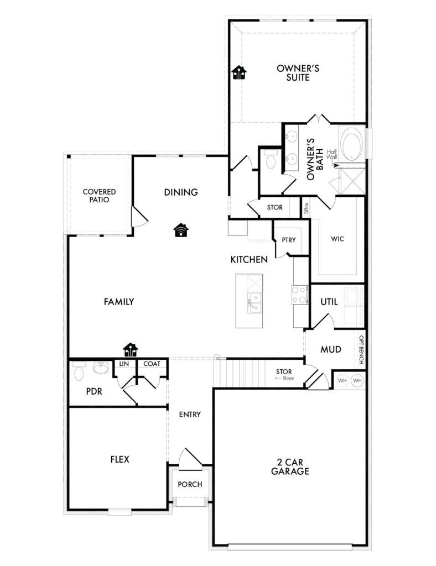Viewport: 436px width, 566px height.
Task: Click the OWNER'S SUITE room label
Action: pyautogui.click(x=298, y=73)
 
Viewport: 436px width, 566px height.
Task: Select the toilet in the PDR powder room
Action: pyautogui.click(x=79, y=371)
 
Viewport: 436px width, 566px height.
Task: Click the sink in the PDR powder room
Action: pyautogui.click(x=101, y=368)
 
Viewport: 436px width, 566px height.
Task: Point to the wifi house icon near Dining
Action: pyautogui.click(x=181, y=230)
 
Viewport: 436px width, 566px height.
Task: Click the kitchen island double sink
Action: pyautogui.click(x=255, y=302)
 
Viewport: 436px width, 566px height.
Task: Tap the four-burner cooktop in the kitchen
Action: pyautogui.click(x=300, y=295)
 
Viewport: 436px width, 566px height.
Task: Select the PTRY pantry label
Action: pyautogui.click(x=289, y=240)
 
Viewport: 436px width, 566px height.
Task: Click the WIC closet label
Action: pyautogui.click(x=338, y=239)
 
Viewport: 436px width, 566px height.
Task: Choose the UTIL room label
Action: pyautogui.click(x=329, y=302)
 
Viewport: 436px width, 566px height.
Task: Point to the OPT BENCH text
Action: pyautogui.click(x=361, y=349)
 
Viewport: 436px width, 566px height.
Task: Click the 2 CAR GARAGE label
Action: pyautogui.click(x=290, y=467)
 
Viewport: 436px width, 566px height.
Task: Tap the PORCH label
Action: pyautogui.click(x=190, y=484)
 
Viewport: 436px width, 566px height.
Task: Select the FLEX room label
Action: pyautogui.click(x=120, y=459)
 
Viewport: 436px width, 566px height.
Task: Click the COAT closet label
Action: pyautogui.click(x=152, y=364)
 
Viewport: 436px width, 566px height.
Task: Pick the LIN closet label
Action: pyautogui.click(x=124, y=364)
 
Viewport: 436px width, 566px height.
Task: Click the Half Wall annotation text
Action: pyautogui.click(x=332, y=155)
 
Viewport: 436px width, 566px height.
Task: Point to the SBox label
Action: pyautogui.click(x=306, y=208)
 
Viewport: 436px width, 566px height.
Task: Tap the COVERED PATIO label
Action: pyautogui.click(x=100, y=196)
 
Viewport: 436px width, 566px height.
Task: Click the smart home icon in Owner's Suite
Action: pyautogui.click(x=239, y=72)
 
